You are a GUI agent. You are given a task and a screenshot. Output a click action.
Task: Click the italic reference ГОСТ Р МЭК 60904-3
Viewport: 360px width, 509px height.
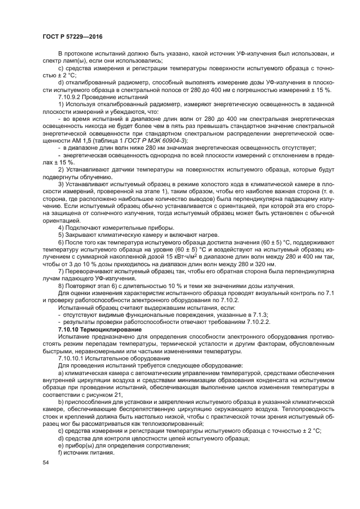click(161, 140)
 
